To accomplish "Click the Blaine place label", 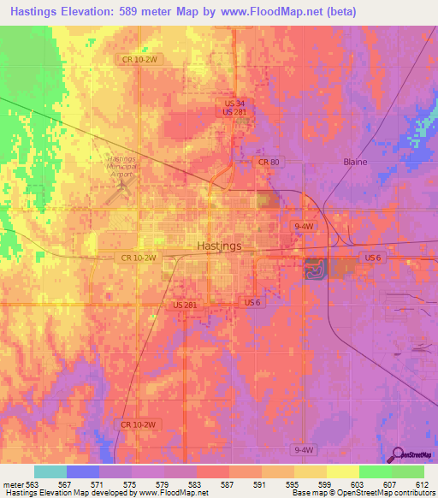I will click(354, 161).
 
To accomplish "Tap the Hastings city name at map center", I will click(219, 246).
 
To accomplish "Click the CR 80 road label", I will click(269, 161).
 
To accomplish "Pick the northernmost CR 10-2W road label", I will click(138, 58).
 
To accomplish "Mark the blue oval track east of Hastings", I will click(315, 270).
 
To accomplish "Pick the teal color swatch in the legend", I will click(50, 471).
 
